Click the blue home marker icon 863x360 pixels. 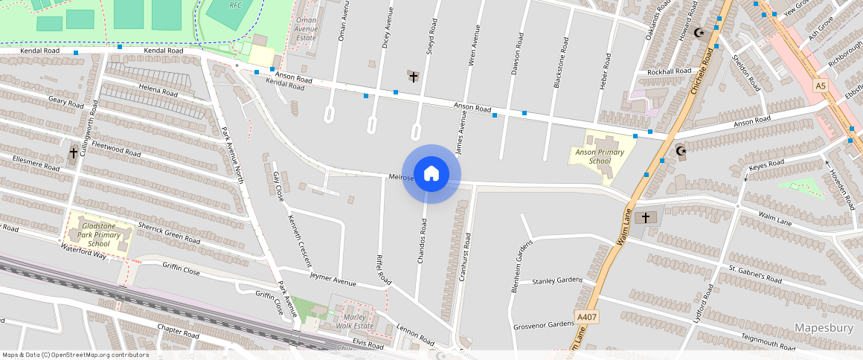tap(431, 174)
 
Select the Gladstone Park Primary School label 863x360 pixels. tap(98, 234)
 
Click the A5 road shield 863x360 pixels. tap(820, 86)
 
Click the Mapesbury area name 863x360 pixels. tap(824, 328)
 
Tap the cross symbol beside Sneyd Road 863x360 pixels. tap(413, 77)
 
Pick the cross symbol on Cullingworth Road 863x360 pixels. tap(73, 154)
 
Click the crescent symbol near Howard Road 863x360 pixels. tap(698, 33)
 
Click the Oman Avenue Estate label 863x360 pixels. tap(307, 29)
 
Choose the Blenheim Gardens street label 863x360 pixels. tap(523, 266)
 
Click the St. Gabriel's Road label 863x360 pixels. tap(755, 274)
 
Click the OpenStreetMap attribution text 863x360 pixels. tap(75, 355)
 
